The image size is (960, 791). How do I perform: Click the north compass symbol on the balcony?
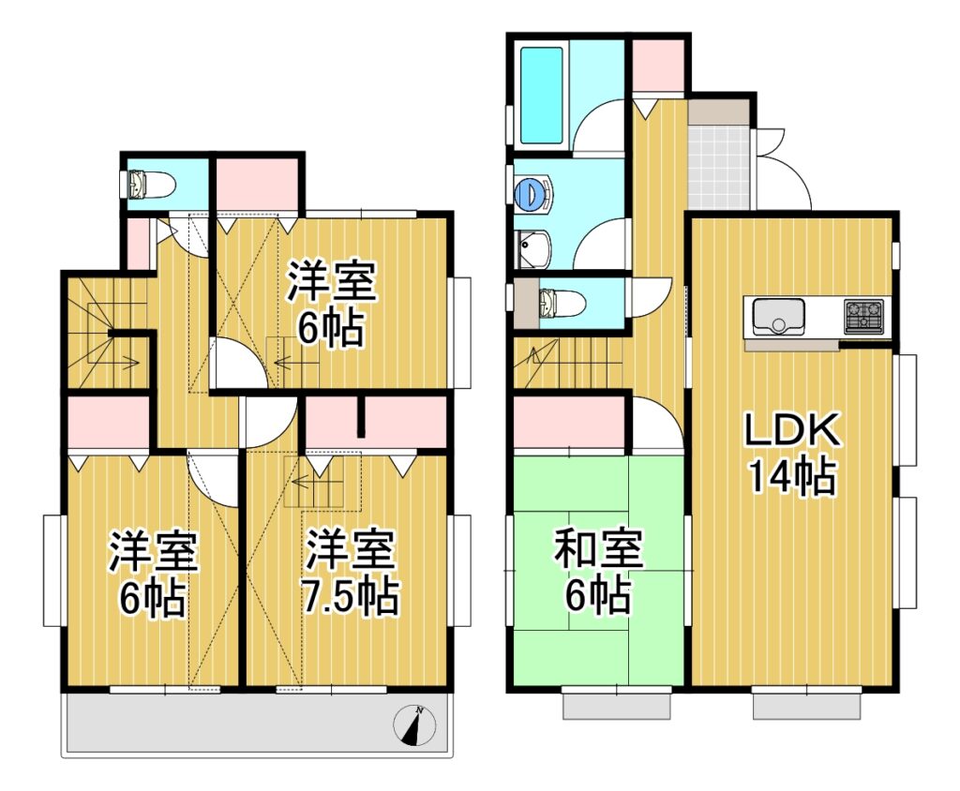(413, 726)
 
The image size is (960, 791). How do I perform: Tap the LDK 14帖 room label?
(791, 454)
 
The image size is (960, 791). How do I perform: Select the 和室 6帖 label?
(597, 571)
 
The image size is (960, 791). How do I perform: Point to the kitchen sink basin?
(778, 316)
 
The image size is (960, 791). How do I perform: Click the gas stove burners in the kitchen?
(863, 316)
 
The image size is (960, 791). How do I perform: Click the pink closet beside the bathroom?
(657, 66)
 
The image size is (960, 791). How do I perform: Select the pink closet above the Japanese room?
(568, 423)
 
